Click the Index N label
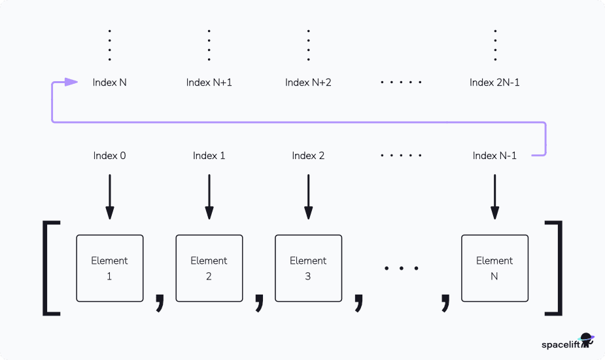[109, 82]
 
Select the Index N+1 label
[209, 82]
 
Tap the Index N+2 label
[308, 82]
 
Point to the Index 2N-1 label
[494, 82]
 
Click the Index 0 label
[109, 156]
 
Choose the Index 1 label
[209, 156]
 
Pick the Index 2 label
[308, 156]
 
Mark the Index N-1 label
[494, 156]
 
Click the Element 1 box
[109, 268]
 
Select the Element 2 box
[209, 268]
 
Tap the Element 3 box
[308, 268]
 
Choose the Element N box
[494, 268]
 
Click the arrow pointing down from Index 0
[109, 196]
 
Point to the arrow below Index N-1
[494, 196]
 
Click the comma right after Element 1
[160, 301]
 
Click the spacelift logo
[566, 343]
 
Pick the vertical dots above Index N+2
[308, 45]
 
